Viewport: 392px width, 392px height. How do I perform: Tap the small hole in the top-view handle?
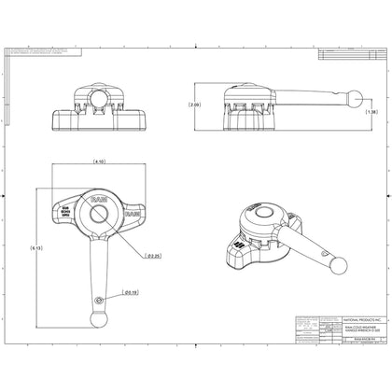[100, 299]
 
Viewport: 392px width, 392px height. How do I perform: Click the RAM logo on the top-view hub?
[98, 199]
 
